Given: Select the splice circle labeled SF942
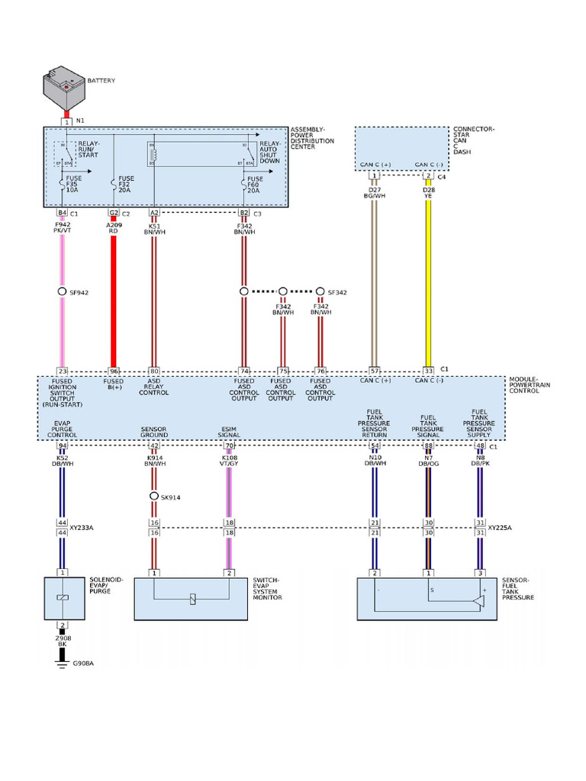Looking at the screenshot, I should [x=63, y=291].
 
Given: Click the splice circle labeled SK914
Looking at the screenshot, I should [x=153, y=497].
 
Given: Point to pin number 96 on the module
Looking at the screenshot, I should [x=114, y=370].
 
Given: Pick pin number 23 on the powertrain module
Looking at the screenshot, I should [x=63, y=370].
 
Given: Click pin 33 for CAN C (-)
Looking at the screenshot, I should [x=428, y=370].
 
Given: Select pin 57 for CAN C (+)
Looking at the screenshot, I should [x=374, y=370].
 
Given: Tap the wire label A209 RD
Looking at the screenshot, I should [x=114, y=227].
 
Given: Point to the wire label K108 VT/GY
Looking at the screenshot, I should [x=228, y=460].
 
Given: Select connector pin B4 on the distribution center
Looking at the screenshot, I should [x=63, y=214].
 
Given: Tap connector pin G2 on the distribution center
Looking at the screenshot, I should [x=114, y=214].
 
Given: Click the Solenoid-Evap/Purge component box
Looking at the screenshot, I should [x=64, y=599].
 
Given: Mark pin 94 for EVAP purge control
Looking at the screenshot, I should [x=63, y=445].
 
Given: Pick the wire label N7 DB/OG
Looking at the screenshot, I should [x=428, y=460].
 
